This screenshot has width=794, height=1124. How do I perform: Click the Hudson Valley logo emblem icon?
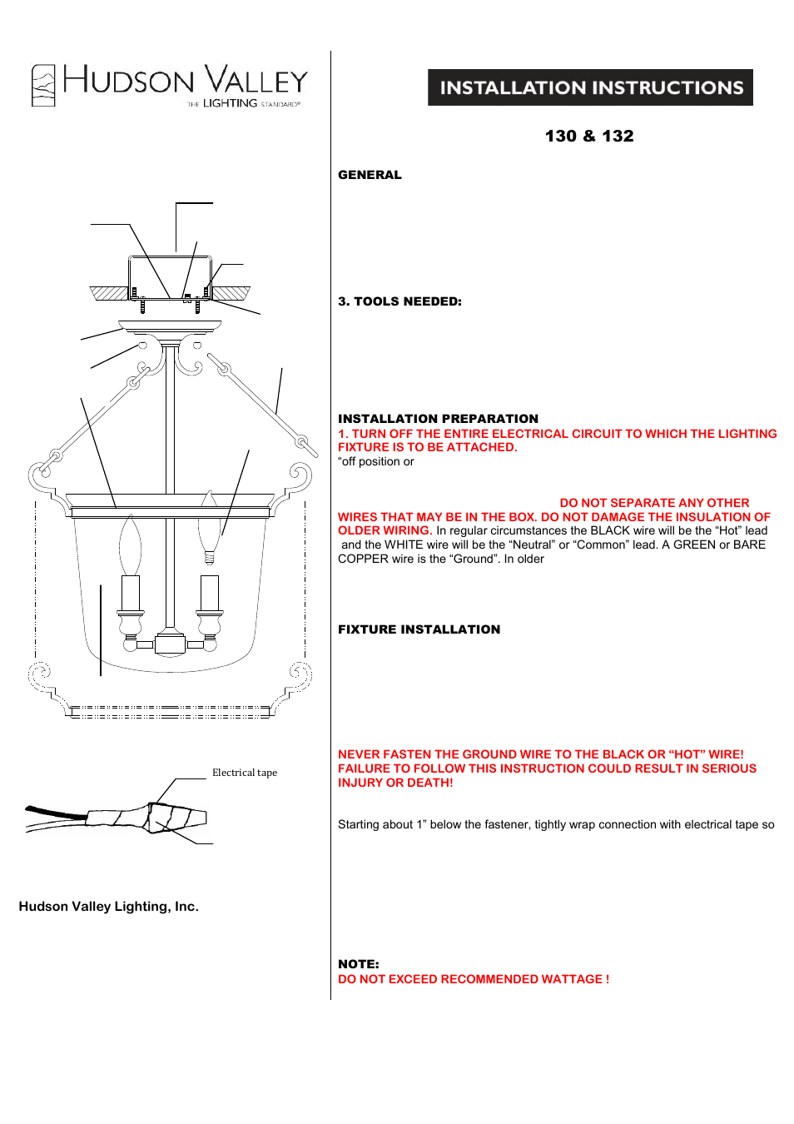[x=43, y=85]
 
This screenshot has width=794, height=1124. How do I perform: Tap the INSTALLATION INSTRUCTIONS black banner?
[x=590, y=87]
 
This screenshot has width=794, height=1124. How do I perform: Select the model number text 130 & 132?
[x=589, y=136]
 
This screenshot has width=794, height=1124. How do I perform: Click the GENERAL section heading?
[x=370, y=175]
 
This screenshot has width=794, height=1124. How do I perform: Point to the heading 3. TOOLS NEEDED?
[x=399, y=301]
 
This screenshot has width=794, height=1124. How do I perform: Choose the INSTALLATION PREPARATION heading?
[x=438, y=419]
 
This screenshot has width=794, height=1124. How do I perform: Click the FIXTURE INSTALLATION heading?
[x=419, y=629]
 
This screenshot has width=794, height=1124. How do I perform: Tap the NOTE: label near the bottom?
[x=358, y=964]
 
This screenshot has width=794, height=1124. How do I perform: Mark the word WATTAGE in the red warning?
[x=572, y=979]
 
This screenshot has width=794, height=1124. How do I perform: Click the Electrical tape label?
[x=245, y=773]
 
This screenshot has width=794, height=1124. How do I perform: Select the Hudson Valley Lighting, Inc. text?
[x=108, y=907]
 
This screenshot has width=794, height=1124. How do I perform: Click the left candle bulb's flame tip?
[x=131, y=520]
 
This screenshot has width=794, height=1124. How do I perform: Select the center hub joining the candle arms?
[x=170, y=644]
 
